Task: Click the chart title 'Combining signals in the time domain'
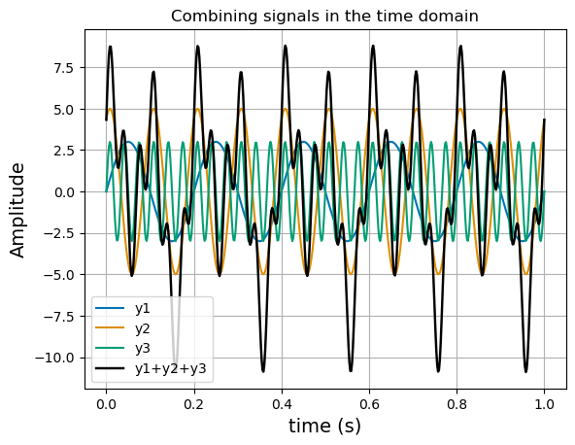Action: (x=324, y=16)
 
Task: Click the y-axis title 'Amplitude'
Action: (x=18, y=210)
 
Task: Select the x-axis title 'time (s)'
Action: (x=324, y=426)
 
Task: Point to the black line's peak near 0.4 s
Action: (x=286, y=47)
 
